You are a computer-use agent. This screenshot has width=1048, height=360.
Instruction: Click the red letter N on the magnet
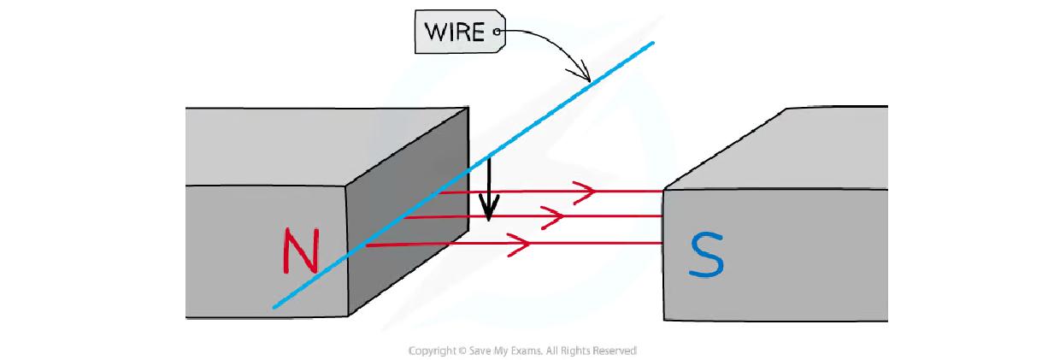(x=300, y=251)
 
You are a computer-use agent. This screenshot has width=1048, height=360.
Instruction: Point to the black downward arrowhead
(x=488, y=209)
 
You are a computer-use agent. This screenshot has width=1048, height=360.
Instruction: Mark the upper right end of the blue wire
(x=653, y=42)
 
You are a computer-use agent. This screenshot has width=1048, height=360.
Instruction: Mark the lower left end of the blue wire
(x=274, y=307)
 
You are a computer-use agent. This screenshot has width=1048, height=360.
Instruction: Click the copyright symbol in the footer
(x=462, y=351)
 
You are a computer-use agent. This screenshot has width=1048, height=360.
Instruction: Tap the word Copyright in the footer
(x=433, y=351)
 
